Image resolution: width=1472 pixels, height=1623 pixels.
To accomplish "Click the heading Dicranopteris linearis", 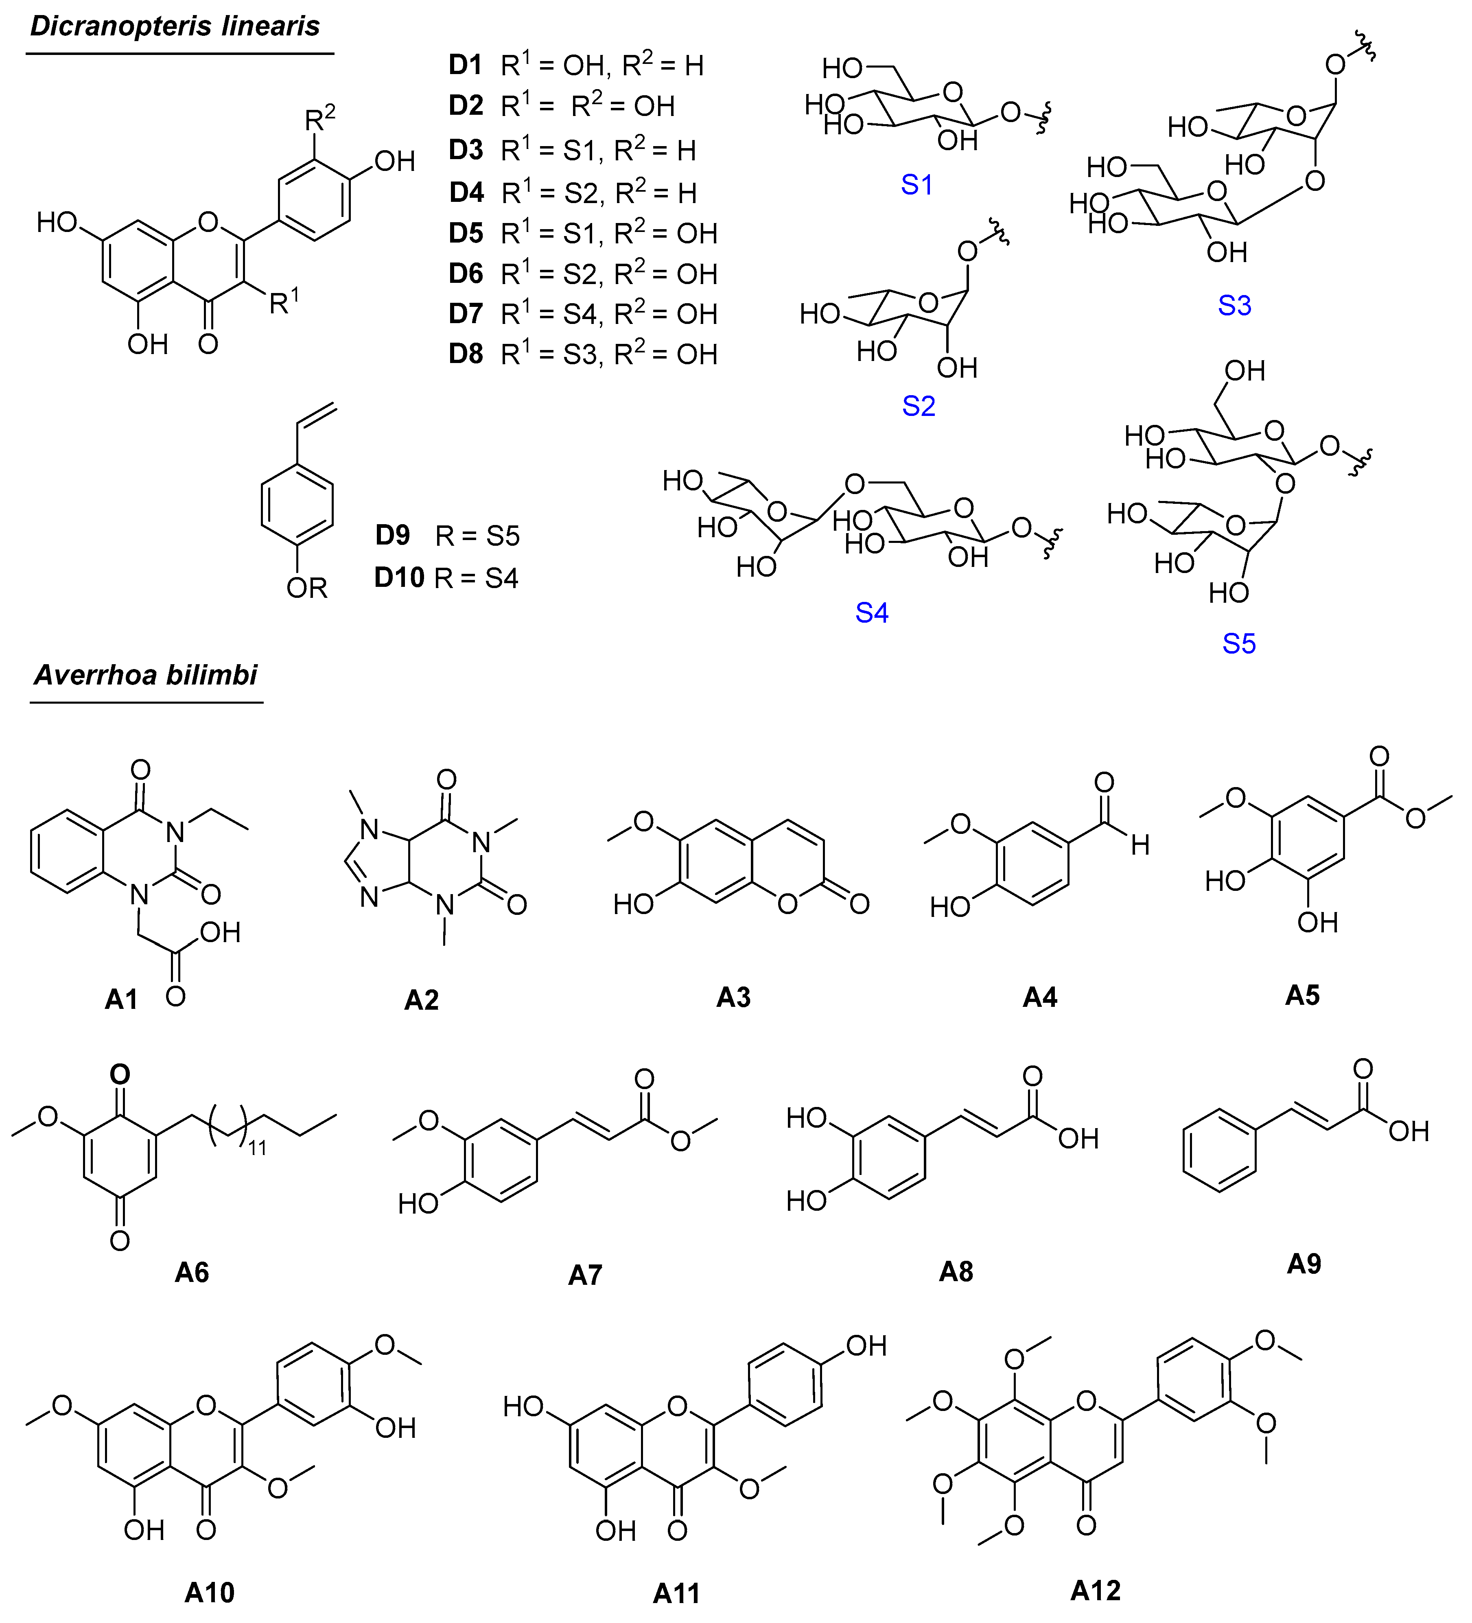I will pyautogui.click(x=175, y=26).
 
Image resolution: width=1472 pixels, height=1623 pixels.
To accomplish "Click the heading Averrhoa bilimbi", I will pyautogui.click(x=146, y=675).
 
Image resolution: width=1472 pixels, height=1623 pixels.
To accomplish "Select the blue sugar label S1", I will pyautogui.click(x=916, y=185).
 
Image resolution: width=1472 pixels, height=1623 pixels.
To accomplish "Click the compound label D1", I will pyautogui.click(x=466, y=65).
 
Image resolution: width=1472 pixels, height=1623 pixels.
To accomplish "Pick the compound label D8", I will pyautogui.click(x=466, y=354).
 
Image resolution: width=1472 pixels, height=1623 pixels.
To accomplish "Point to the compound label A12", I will pyautogui.click(x=1095, y=1591).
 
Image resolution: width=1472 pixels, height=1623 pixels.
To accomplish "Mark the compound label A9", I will pyautogui.click(x=1304, y=1264).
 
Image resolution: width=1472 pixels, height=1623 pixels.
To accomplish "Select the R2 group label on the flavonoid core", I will pyautogui.click(x=320, y=119).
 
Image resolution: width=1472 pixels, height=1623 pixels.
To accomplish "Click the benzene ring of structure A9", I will pyautogui.click(x=1219, y=1151).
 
